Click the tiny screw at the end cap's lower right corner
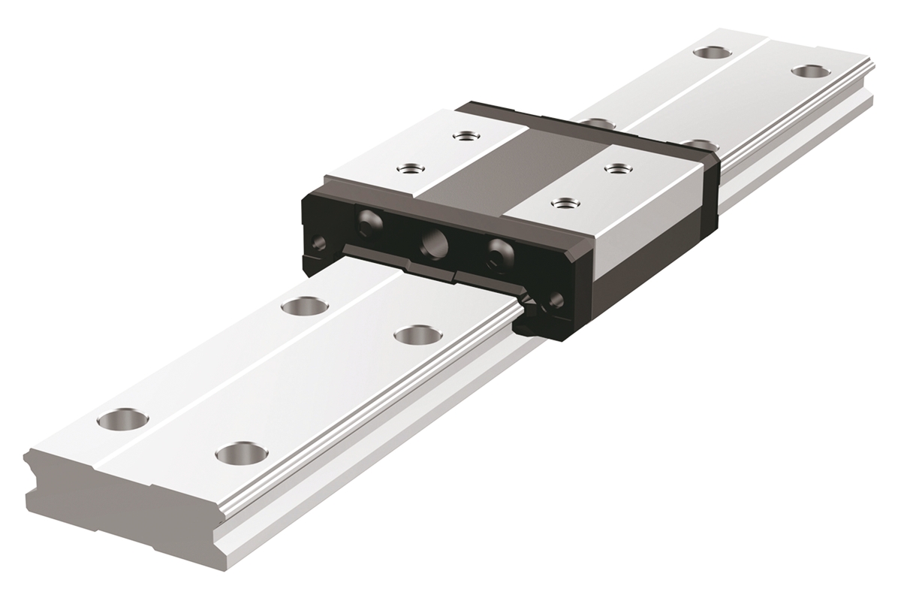pos(557,301)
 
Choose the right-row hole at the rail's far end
pos(808,71)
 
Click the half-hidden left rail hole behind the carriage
pos(595,122)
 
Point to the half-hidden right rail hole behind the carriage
pos(699,143)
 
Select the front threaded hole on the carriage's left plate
pos(409,168)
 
